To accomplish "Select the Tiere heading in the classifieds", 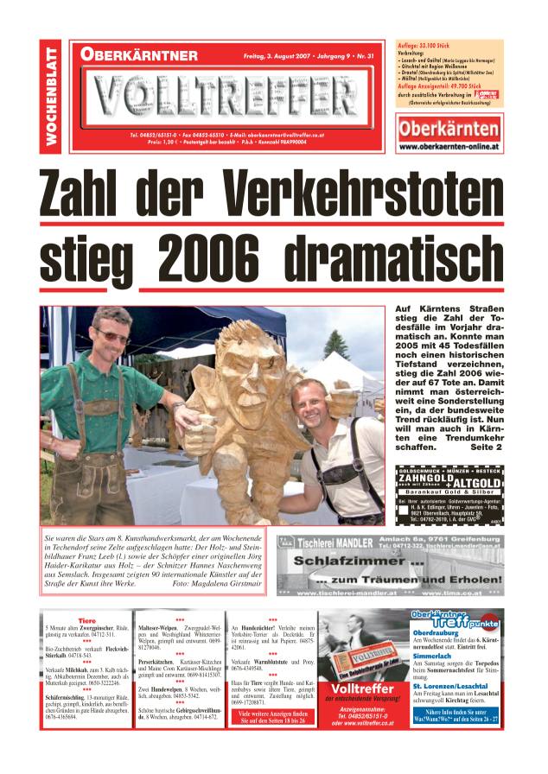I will click(86, 620).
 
